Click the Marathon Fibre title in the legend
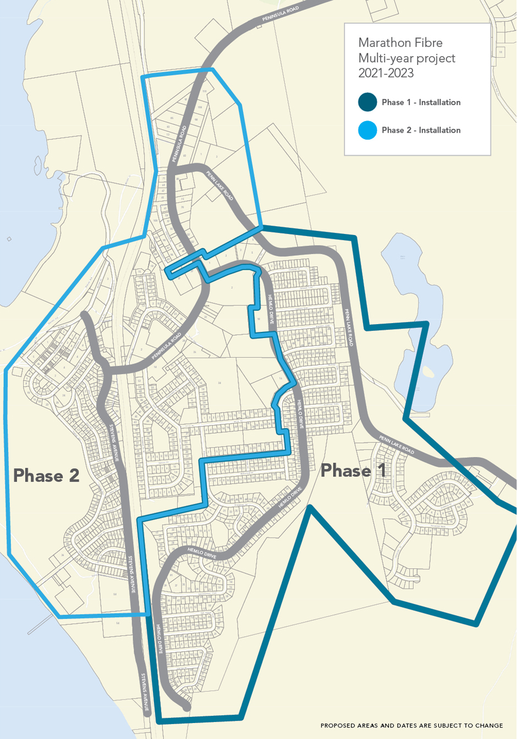point(400,43)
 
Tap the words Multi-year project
point(406,58)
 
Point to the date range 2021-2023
point(386,73)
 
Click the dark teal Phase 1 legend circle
point(367,102)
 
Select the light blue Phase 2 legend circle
point(367,130)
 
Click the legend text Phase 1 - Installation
point(421,102)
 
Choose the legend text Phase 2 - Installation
point(421,130)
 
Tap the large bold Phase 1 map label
point(353,470)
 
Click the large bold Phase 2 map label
point(46,475)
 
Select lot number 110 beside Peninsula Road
point(204,91)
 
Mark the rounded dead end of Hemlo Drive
point(186,707)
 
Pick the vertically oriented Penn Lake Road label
point(349,327)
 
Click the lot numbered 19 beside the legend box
point(501,52)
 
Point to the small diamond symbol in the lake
point(9,239)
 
